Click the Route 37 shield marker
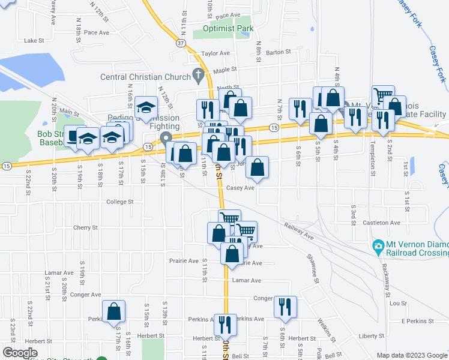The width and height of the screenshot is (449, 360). coord(181,43)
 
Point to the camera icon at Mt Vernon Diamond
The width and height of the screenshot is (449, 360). coord(378,246)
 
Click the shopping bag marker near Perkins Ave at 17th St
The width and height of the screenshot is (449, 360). coord(113,312)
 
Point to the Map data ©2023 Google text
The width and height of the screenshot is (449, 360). coord(412,355)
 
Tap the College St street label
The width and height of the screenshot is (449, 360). coord(119,202)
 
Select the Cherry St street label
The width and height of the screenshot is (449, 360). coord(85,228)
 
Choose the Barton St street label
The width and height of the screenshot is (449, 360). coord(278,53)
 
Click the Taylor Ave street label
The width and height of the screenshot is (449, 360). coord(216,53)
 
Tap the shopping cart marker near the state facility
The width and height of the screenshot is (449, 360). coord(383,96)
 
